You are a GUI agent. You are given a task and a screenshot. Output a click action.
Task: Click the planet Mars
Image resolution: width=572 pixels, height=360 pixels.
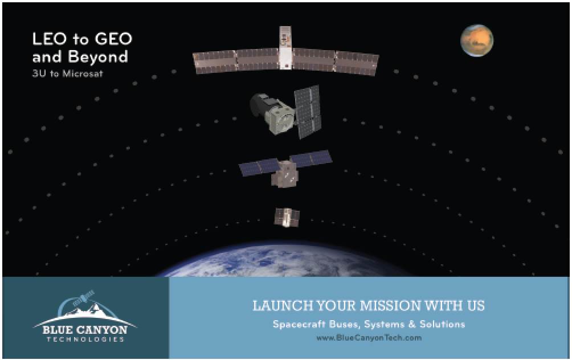coord(477,40)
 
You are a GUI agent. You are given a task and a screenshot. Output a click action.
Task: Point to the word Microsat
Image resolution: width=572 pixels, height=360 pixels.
coord(83,73)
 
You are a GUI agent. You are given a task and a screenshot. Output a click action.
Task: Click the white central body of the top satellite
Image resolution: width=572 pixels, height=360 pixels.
coord(285,47)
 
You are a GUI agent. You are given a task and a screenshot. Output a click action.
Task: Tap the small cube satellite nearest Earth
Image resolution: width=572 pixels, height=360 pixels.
coord(287,217)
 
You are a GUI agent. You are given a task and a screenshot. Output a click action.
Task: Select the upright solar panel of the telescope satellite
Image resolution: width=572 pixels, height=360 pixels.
coord(308,112)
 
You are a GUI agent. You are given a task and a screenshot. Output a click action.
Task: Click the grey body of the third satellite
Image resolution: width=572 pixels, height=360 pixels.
coord(284,174)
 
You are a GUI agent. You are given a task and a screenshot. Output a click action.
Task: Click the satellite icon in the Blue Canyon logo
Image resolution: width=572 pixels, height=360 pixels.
coord(84,298)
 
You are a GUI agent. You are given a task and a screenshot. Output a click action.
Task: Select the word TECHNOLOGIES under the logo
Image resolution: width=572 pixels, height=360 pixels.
coord(85,339)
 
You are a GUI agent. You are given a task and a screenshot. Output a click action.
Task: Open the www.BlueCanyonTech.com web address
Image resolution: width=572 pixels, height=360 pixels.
coord(369,338)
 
